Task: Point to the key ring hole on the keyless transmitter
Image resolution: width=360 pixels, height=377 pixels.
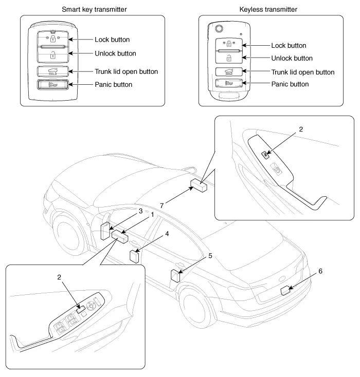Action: click(220, 28)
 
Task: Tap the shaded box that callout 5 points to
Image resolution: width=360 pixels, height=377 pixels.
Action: click(176, 276)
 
